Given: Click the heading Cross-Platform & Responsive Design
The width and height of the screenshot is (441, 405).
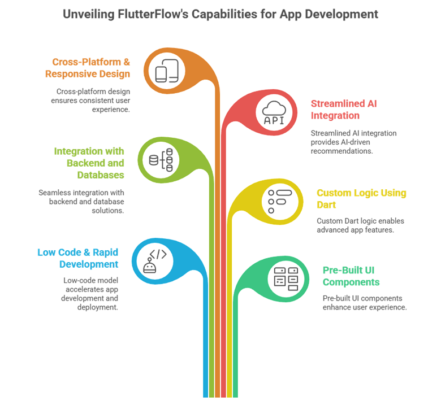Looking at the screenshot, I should [91, 68].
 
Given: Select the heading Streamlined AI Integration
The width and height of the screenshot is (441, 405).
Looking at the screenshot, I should [344, 110].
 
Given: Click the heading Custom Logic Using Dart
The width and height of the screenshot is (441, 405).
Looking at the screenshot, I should [361, 198].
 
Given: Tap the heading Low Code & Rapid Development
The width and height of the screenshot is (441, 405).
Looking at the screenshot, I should [77, 258].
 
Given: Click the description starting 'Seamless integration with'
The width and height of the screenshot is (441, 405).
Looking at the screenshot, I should [81, 201].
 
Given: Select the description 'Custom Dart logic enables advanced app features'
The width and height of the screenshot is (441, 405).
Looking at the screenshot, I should [360, 225].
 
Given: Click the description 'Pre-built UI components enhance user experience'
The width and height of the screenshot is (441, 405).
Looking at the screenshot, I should [364, 302].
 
